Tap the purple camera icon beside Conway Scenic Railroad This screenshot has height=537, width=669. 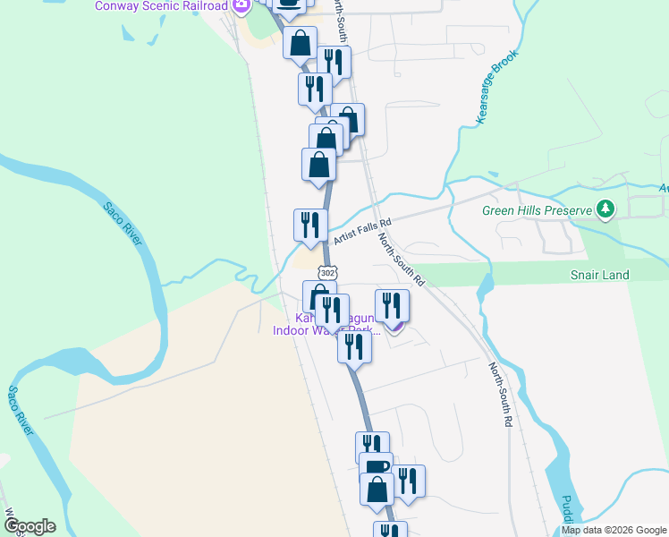click(x=241, y=5)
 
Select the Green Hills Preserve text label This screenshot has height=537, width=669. click(x=538, y=211)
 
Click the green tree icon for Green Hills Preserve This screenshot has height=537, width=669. click(x=606, y=210)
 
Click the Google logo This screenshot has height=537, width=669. click(x=30, y=525)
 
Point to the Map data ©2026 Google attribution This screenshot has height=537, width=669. click(x=613, y=530)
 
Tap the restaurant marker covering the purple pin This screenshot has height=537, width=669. click(x=392, y=306)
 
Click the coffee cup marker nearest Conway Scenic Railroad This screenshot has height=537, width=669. click(x=289, y=4)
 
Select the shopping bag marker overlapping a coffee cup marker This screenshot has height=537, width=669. click(x=377, y=489)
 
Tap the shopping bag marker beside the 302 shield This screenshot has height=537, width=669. click(x=318, y=296)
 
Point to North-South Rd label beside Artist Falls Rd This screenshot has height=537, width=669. click(x=401, y=258)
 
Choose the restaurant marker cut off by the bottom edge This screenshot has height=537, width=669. click(x=390, y=530)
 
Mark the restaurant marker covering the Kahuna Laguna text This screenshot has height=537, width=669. click(x=332, y=311)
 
